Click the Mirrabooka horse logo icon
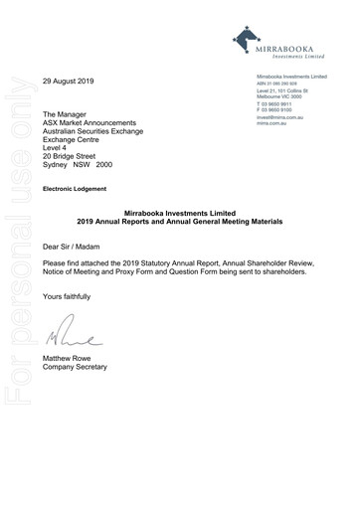click(x=244, y=40)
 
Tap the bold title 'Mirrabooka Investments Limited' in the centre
click(x=180, y=211)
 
